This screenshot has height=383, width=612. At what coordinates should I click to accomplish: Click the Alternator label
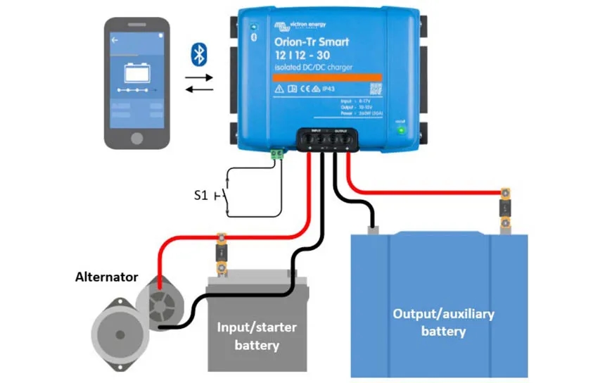(x=107, y=277)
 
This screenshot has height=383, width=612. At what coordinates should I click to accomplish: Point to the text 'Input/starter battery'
(x=257, y=337)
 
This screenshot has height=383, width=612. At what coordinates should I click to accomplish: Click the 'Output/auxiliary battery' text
(x=443, y=322)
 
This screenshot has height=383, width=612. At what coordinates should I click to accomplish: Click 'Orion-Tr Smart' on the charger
(x=312, y=42)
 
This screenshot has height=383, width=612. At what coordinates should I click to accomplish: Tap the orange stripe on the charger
(x=327, y=77)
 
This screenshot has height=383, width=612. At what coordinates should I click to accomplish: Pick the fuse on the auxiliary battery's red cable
(x=505, y=208)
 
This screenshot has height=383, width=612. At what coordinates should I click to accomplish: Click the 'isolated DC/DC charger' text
(x=313, y=68)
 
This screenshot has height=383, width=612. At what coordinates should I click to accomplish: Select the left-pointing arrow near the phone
(x=198, y=88)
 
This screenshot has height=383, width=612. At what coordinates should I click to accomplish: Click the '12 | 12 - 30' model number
(x=303, y=55)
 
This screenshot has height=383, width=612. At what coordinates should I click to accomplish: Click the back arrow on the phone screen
(x=115, y=40)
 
